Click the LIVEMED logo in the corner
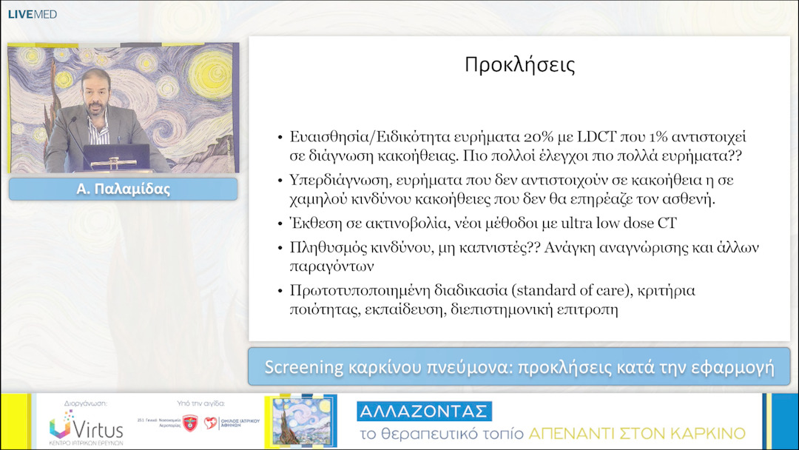click(32, 14)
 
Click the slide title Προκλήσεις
click(519, 64)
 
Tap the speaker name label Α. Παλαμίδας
click(123, 189)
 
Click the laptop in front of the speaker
click(116, 157)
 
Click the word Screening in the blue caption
click(303, 367)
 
